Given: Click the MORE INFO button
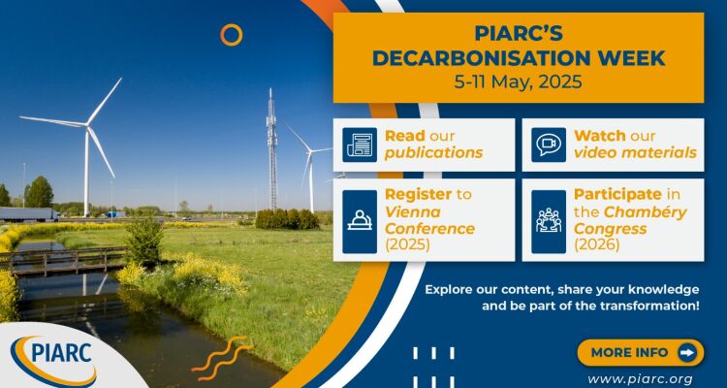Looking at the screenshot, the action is [641, 353].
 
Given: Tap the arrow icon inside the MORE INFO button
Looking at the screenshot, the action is [687, 353].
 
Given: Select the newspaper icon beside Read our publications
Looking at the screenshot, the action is [360, 145].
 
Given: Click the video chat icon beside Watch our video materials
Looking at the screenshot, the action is [549, 145].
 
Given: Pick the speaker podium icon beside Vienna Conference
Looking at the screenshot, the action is [360, 222].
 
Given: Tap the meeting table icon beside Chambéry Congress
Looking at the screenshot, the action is [549, 222].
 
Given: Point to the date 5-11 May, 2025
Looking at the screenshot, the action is [518, 82].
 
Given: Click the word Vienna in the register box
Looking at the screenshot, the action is [406, 212].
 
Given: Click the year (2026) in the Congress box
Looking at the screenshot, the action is [596, 245].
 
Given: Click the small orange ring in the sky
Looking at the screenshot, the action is [232, 35].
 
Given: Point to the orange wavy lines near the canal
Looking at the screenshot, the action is [222, 354].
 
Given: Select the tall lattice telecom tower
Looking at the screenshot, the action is [271, 149].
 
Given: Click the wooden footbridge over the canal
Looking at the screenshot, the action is [64, 261].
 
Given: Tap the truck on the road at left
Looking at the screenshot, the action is [29, 214].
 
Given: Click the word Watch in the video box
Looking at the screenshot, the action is [593, 136].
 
